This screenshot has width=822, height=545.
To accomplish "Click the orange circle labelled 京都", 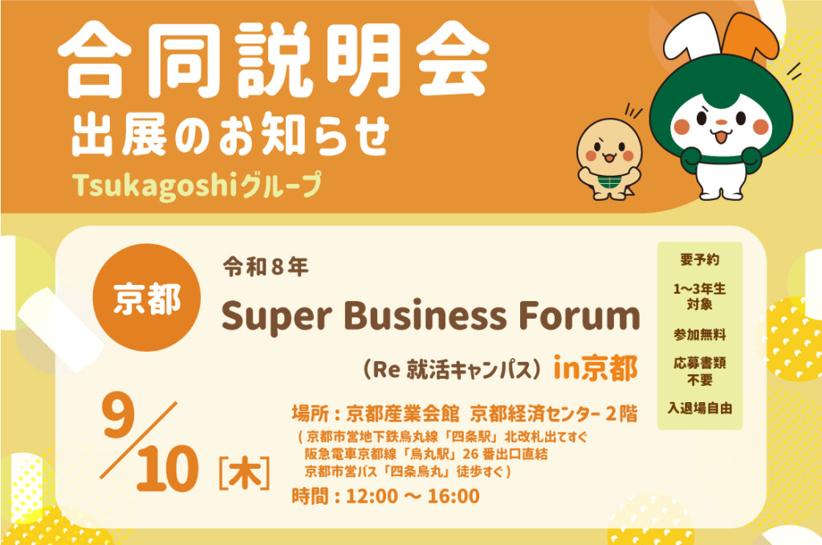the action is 147,298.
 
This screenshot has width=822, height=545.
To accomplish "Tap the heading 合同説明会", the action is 274,59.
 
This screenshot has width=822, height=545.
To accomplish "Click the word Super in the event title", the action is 277,316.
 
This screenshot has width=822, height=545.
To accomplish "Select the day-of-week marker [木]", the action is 244,474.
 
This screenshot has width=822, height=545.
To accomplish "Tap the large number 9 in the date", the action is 119,414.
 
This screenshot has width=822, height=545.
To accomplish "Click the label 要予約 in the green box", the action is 700,259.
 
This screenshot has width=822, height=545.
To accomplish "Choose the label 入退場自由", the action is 700,408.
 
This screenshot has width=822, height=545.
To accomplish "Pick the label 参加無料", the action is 700,335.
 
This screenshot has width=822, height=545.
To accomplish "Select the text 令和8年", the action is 266,267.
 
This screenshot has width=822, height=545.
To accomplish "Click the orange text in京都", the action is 596,368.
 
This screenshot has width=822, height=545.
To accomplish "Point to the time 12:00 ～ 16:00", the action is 413,496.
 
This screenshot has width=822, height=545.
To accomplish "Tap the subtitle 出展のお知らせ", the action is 230,134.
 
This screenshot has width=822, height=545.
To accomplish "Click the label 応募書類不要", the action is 700,371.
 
